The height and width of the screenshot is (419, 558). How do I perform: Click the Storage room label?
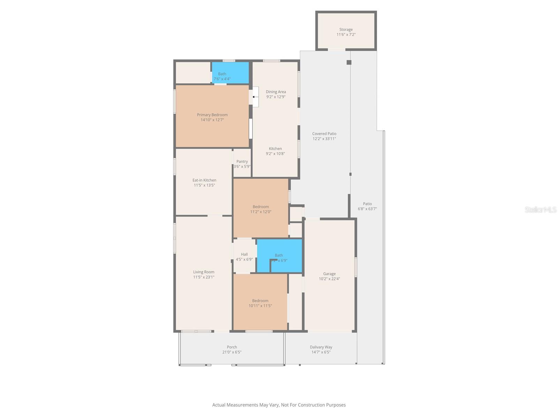(x=346, y=30)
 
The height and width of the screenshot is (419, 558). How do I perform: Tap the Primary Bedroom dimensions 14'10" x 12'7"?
(x=212, y=120)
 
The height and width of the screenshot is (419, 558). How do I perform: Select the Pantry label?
(x=242, y=162)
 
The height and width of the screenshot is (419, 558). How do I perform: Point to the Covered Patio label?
(x=324, y=134)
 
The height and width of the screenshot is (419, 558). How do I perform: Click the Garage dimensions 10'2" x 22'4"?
(x=329, y=279)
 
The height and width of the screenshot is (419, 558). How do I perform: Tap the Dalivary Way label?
(x=321, y=347)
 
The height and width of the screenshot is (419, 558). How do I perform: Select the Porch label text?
(x=232, y=347)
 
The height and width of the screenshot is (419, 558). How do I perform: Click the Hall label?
(x=244, y=255)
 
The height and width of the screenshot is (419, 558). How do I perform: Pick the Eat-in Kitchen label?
(x=204, y=180)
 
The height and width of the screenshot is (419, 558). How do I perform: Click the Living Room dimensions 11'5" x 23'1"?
(x=204, y=277)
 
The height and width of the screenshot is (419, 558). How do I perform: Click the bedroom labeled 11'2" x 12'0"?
(x=261, y=209)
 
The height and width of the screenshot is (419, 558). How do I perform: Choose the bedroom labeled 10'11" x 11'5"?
(x=260, y=303)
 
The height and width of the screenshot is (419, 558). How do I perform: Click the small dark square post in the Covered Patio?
(x=349, y=63)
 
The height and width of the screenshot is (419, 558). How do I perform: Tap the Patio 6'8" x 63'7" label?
(x=367, y=206)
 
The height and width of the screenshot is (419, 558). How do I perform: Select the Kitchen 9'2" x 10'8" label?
(x=275, y=151)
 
